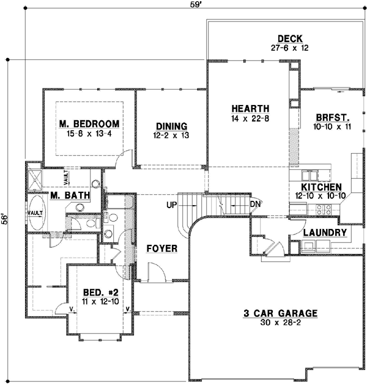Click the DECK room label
click(287, 38)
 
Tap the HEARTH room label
click(247, 109)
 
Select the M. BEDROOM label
click(89, 124)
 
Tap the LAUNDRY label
click(325, 233)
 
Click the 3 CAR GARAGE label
click(280, 314)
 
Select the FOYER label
click(162, 249)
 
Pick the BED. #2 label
click(97, 292)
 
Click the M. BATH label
click(70, 195)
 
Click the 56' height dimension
click(6, 219)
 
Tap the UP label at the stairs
click(172, 204)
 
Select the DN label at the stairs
click(256, 204)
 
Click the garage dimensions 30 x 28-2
click(280, 324)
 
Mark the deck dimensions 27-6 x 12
click(287, 47)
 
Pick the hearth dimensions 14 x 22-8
click(247, 118)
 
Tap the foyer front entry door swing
click(154, 271)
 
